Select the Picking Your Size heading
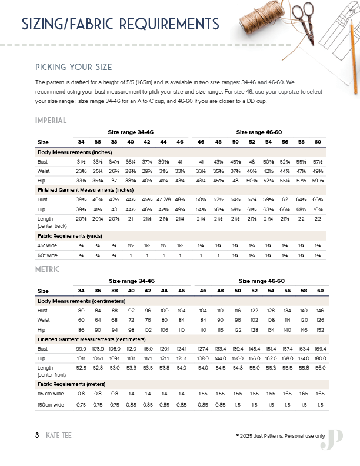click(x=74, y=66)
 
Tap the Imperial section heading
click(x=51, y=121)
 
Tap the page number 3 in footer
click(x=37, y=435)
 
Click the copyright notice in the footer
click(x=280, y=435)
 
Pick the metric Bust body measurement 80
click(x=81, y=310)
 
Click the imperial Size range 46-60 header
click(x=259, y=133)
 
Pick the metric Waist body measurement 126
click(x=320, y=321)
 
